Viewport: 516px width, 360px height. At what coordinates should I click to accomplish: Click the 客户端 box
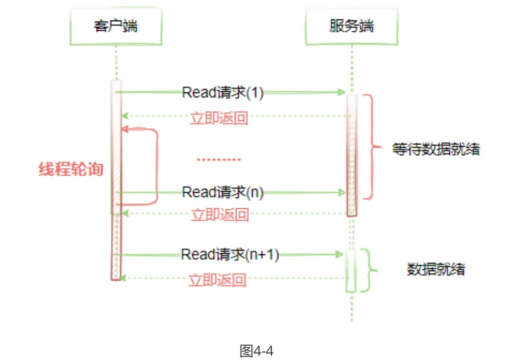coord(116,26)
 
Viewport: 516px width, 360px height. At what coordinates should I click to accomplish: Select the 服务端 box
coord(351,26)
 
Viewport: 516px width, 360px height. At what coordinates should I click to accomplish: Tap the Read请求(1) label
coord(222,92)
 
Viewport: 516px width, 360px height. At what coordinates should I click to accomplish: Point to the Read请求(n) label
coord(222,192)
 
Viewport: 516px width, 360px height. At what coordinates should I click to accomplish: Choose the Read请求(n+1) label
coord(230,254)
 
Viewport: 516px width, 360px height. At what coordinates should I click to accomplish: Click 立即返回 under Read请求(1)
coord(218,119)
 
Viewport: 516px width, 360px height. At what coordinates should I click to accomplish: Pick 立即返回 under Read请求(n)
coord(220,215)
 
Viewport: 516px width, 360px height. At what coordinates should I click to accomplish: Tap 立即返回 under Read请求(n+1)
coord(217,281)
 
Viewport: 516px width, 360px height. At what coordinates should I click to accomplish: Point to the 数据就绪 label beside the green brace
coord(436,269)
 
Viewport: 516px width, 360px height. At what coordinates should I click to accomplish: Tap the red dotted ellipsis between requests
coord(220,160)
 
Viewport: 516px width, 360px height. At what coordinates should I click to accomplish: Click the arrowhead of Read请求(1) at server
coord(342,92)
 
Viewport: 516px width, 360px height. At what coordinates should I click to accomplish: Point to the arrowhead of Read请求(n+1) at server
coord(342,255)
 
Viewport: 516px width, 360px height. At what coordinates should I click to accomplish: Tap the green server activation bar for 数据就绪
coord(351,270)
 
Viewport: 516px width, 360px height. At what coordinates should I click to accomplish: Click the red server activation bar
coord(352,154)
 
